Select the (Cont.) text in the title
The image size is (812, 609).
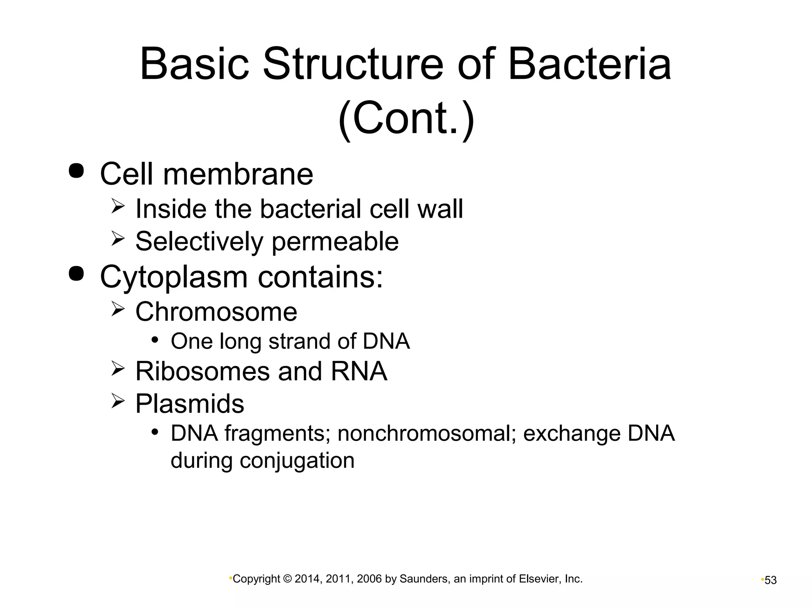click(x=406, y=118)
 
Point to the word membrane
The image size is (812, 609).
click(x=238, y=174)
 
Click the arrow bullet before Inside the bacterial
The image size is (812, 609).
click(x=118, y=207)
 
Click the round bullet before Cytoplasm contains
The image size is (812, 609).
click(x=76, y=274)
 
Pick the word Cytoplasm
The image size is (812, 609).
click(x=174, y=278)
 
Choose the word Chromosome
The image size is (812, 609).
click(x=216, y=312)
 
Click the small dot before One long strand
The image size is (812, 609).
click(x=155, y=340)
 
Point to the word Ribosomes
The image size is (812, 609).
click(x=201, y=372)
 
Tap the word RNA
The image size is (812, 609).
click(x=359, y=372)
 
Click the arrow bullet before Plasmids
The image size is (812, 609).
click(x=118, y=401)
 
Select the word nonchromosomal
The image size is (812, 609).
click(x=426, y=433)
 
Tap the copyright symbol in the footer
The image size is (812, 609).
click(x=287, y=579)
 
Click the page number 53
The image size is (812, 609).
click(x=770, y=580)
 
